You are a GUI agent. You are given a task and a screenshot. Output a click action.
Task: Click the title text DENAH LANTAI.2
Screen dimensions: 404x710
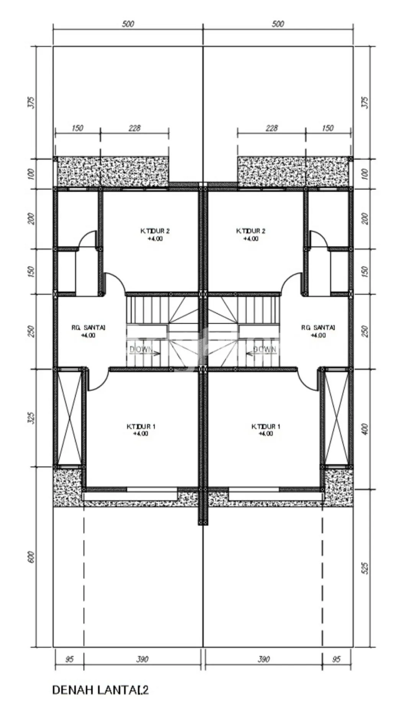tap(100, 690)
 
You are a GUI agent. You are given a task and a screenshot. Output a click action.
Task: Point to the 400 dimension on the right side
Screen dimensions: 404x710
tap(365, 429)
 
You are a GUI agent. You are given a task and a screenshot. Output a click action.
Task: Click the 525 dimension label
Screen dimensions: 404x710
tap(365, 568)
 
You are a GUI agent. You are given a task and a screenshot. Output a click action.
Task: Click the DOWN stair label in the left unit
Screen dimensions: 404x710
tap(141, 349)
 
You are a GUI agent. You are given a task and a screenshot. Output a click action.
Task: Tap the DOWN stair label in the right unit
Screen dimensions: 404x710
tap(265, 349)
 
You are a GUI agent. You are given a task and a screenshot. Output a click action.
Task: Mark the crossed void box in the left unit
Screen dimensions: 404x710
tap(69, 418)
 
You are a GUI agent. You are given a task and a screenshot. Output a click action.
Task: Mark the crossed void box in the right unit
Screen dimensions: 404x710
tap(337, 418)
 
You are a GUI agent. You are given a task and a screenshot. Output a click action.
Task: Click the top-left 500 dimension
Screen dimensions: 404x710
tap(128, 24)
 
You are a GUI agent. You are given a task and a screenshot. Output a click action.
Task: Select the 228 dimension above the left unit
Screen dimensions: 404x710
tap(134, 128)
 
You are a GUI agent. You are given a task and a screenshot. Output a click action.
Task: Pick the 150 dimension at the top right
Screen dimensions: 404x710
tap(328, 128)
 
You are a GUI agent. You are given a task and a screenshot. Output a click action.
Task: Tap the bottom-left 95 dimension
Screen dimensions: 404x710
tap(69, 659)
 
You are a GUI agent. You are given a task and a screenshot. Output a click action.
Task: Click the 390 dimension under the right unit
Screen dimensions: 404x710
tap(263, 659)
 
